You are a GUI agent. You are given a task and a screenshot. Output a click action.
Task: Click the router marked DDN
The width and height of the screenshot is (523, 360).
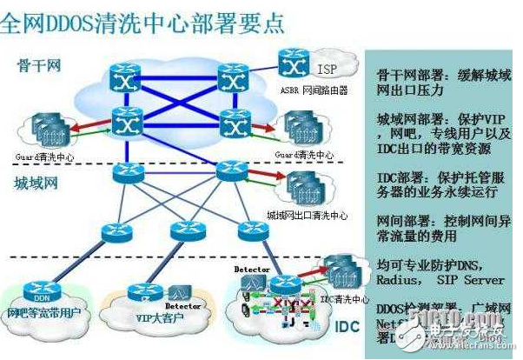coord(43,288)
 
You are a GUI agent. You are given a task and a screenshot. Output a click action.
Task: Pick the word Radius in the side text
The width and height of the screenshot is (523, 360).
coord(401,280)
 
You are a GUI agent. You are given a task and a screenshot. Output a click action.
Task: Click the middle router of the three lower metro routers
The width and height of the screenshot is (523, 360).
coord(184,230)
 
